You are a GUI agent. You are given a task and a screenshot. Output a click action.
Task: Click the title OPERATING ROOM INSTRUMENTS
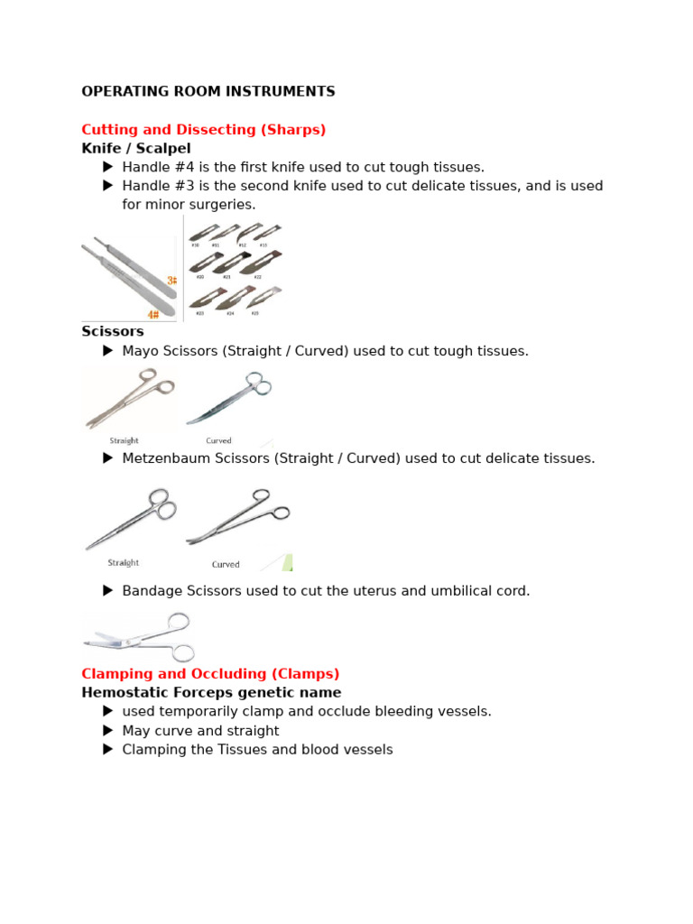pos(208,91)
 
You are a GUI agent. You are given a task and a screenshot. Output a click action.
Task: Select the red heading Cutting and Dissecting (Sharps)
pos(203,129)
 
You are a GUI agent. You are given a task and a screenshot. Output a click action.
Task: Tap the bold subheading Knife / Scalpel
pos(135,148)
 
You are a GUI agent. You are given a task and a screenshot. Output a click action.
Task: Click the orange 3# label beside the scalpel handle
pos(171,281)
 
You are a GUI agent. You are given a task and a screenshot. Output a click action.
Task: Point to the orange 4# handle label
pos(152,314)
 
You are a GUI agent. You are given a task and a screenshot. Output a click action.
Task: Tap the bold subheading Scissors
pos(113,331)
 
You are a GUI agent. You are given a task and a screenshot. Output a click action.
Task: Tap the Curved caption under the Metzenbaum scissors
pos(226,565)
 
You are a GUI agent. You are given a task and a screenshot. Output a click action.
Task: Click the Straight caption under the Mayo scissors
pos(124,441)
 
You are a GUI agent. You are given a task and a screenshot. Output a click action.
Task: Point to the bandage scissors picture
pos(140,637)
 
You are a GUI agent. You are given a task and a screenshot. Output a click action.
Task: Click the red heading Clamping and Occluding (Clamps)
pos(210,673)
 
